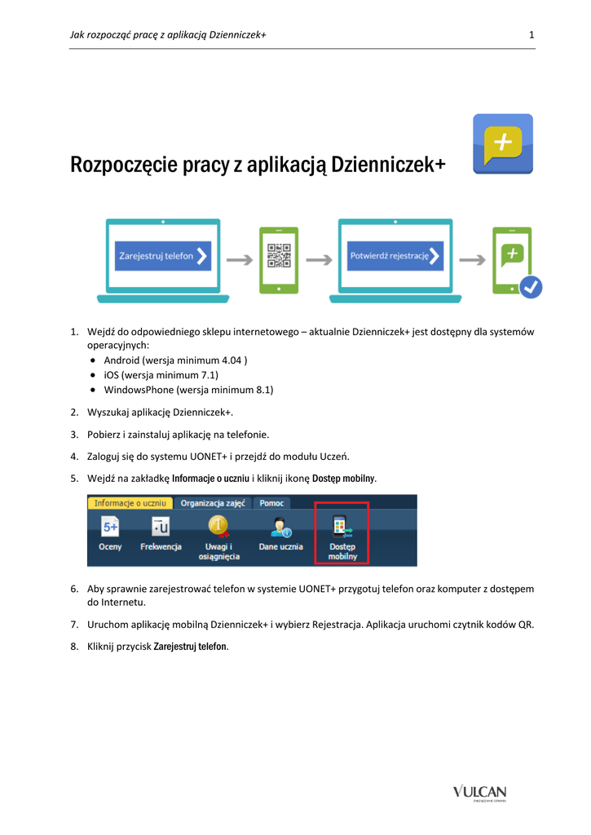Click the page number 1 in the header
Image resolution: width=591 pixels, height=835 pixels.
pos(531,34)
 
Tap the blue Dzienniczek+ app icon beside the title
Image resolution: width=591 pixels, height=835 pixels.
pos(503,144)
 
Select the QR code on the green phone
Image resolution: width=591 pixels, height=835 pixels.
pos(279,256)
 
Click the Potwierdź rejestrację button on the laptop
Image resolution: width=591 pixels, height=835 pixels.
pos(395,256)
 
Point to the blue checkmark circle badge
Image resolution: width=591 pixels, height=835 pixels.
pos(531,287)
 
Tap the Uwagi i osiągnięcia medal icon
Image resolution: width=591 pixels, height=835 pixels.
pos(218,526)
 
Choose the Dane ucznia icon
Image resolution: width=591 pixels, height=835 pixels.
pos(281,528)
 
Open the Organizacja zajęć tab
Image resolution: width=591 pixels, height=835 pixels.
pos(212,503)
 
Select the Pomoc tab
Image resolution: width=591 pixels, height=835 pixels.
pos(271,503)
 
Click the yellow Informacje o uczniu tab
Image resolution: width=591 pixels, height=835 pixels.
pos(130,503)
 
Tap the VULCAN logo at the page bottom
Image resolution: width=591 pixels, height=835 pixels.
pos(480,792)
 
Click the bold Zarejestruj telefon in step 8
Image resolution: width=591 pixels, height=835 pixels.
pos(191,647)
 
